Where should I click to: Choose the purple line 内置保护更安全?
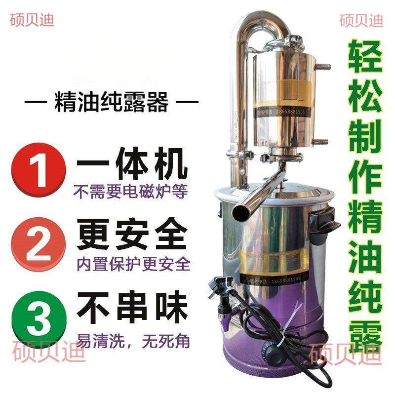(132, 263)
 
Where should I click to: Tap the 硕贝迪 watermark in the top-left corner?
(32, 20)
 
